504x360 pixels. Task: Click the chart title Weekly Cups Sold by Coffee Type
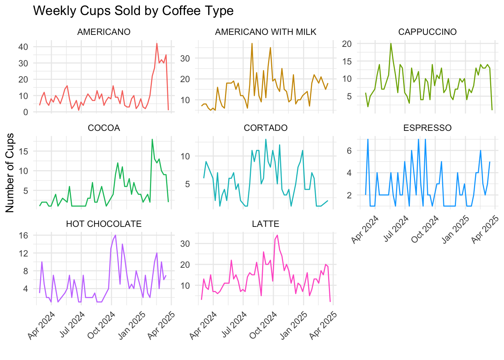click(x=133, y=11)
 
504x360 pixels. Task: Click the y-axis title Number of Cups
click(x=10, y=172)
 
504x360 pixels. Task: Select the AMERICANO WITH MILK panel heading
click(x=265, y=32)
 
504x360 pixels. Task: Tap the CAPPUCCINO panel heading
click(x=427, y=32)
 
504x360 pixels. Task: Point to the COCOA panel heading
click(x=104, y=128)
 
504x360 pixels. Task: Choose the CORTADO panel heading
click(x=265, y=128)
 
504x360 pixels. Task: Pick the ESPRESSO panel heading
click(x=427, y=128)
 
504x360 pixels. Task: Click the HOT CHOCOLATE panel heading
click(x=104, y=224)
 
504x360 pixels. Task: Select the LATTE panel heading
click(x=265, y=224)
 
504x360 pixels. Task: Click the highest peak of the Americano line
click(x=157, y=43)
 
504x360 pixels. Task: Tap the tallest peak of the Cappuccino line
click(x=391, y=43)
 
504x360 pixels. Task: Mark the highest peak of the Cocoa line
click(x=152, y=139)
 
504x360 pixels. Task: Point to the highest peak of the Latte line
click(x=277, y=235)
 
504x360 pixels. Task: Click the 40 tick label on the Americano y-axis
click(x=23, y=47)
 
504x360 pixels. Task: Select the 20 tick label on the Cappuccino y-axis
click(x=346, y=44)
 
